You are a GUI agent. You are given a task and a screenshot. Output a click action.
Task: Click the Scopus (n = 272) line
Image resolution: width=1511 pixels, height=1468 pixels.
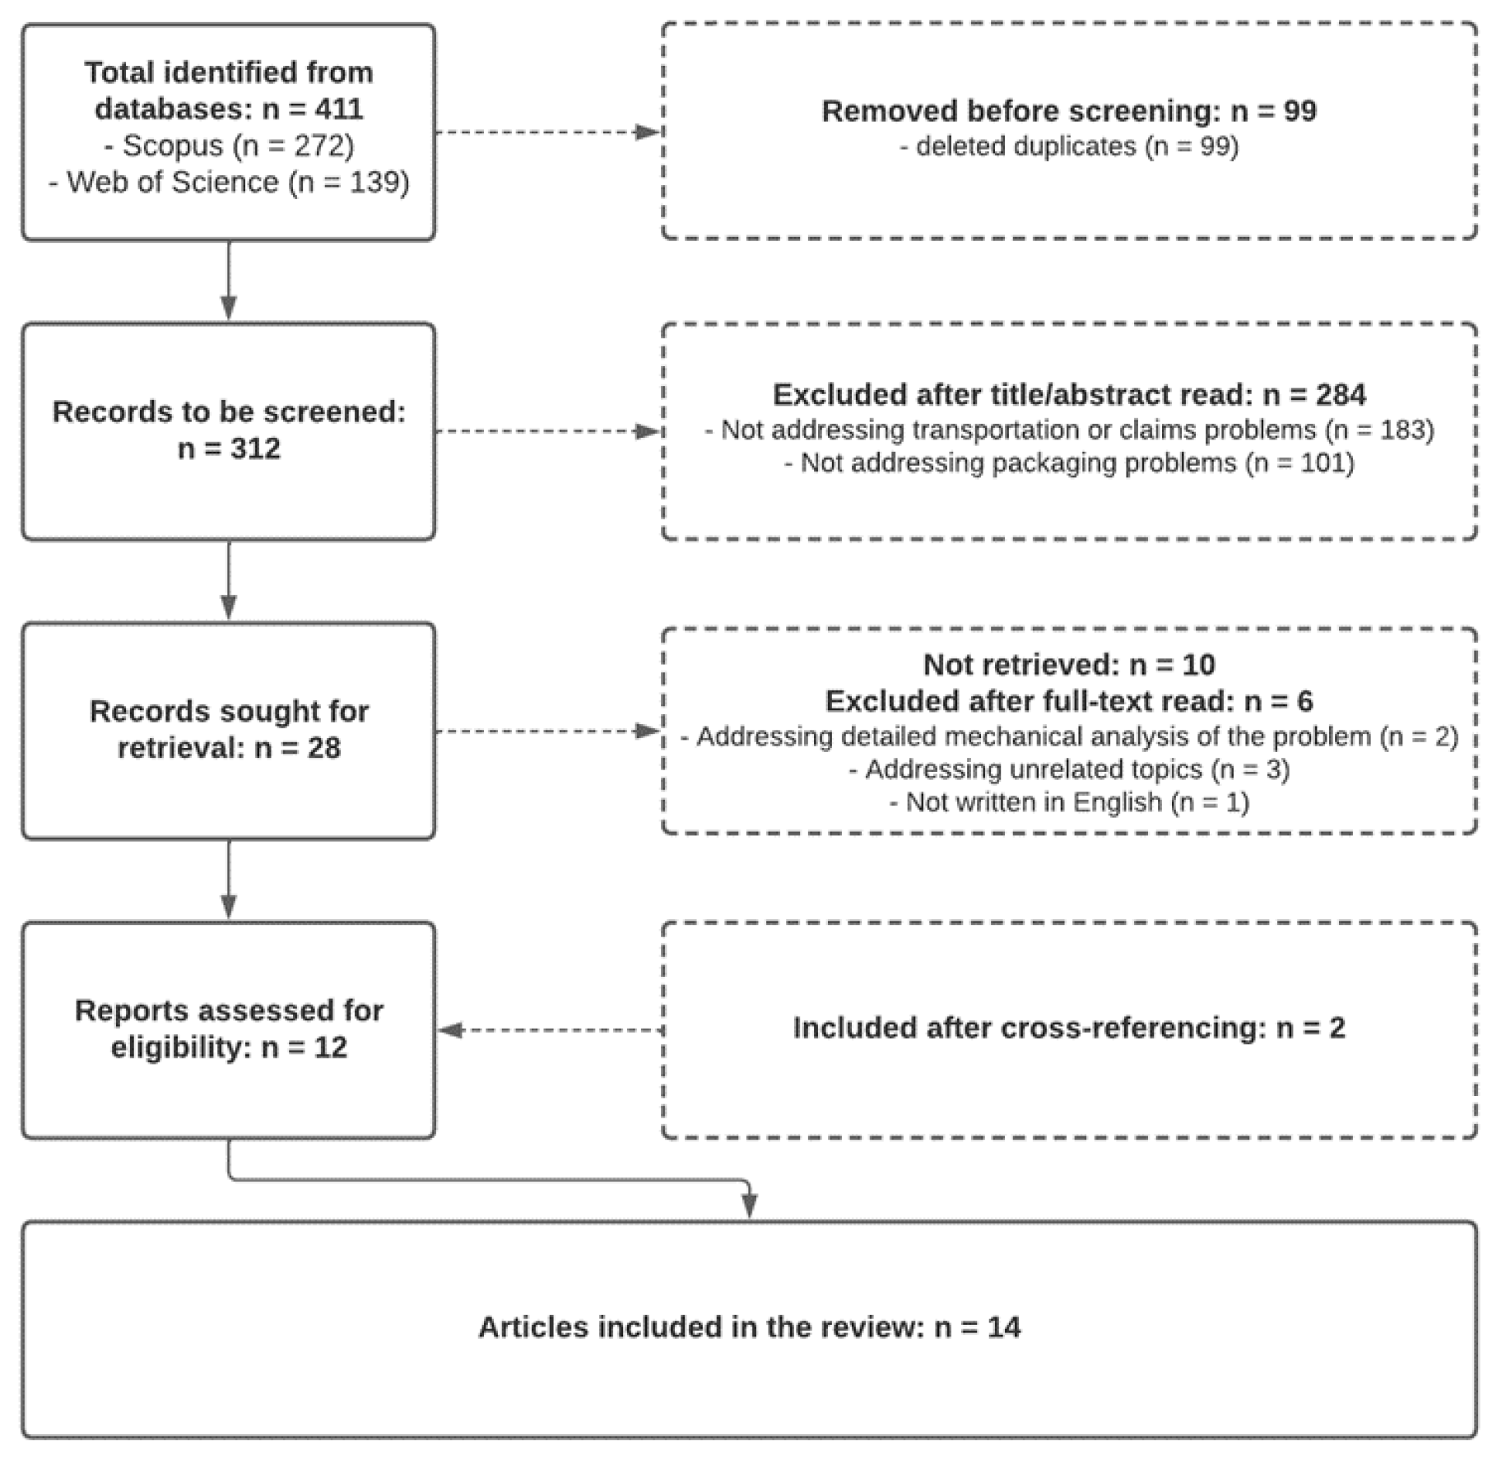point(229,146)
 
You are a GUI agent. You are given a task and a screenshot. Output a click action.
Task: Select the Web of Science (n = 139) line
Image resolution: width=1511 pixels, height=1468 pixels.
point(229,182)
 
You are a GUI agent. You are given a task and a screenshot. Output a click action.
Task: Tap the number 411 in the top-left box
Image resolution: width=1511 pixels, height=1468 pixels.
point(338,109)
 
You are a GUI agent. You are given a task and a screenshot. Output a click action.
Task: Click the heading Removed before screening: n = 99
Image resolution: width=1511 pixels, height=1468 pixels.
point(1068,111)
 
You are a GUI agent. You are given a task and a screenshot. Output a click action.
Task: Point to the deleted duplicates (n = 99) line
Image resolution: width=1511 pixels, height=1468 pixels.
point(1068,146)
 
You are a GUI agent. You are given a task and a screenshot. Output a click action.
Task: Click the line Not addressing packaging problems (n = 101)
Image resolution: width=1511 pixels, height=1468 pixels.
point(1068,463)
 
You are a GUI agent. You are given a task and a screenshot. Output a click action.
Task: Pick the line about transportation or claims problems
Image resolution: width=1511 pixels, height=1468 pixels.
point(1068,430)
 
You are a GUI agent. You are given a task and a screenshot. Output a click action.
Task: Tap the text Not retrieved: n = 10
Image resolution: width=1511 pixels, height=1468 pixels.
point(1068,664)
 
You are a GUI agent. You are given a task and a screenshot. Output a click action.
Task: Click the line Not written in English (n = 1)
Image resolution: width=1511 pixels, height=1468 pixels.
point(1068,801)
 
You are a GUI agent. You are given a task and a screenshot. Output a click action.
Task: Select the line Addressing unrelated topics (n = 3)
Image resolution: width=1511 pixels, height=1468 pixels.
point(1068,769)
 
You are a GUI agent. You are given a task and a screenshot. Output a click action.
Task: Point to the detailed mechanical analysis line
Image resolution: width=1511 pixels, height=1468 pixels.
point(1068,736)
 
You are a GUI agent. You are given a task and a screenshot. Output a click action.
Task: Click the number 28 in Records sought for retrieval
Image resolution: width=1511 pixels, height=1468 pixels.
point(323,748)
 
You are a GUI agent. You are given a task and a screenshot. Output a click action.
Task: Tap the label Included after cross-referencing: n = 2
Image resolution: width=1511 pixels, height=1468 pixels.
point(1068,1028)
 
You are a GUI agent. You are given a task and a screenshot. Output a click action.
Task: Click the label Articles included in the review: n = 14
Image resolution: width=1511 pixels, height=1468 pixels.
point(749,1327)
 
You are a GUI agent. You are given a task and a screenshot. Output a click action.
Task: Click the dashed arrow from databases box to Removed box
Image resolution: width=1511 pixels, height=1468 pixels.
point(548,132)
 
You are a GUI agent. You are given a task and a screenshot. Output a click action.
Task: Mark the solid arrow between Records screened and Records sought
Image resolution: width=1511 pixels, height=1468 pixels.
point(229,581)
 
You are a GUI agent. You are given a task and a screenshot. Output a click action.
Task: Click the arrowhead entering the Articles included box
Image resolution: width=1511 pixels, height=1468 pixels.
point(749,1206)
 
